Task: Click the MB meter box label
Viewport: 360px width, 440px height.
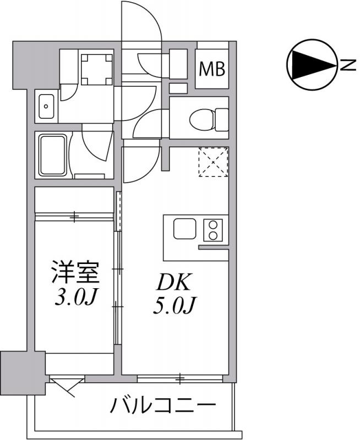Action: [212, 69]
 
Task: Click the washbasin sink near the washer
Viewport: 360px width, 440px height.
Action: [46, 106]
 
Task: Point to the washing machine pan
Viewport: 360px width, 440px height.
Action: [96, 68]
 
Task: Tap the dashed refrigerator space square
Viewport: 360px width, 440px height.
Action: [212, 162]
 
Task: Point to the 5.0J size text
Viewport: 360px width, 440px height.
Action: [173, 304]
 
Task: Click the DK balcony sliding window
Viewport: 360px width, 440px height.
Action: [180, 378]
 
